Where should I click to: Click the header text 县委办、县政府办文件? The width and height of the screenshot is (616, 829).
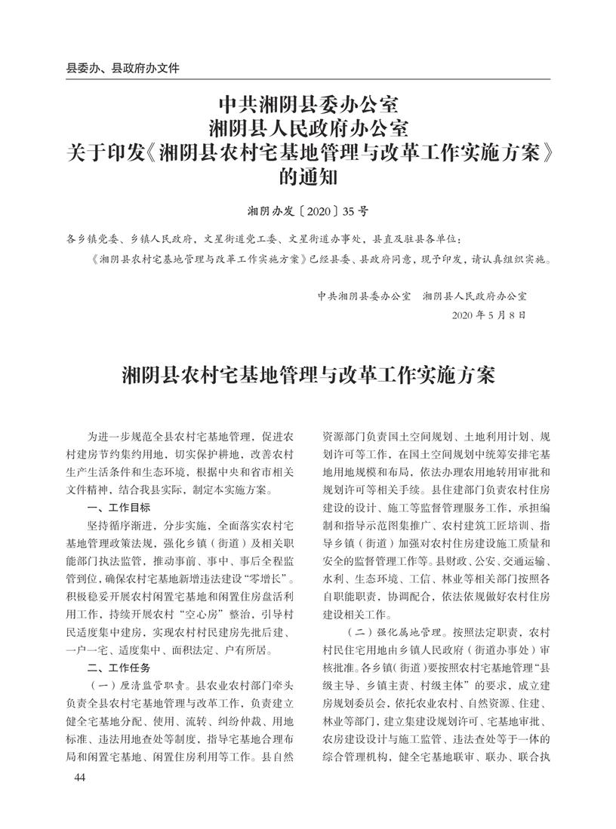point(124,68)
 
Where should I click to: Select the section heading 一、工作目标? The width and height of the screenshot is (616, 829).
point(119,508)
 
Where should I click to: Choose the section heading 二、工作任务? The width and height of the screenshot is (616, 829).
point(119,668)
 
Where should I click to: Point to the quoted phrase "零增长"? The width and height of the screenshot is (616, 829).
point(270,579)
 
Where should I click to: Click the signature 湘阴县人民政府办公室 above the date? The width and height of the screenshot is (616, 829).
point(476,296)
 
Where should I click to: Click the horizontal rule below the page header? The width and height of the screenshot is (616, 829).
point(308,79)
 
